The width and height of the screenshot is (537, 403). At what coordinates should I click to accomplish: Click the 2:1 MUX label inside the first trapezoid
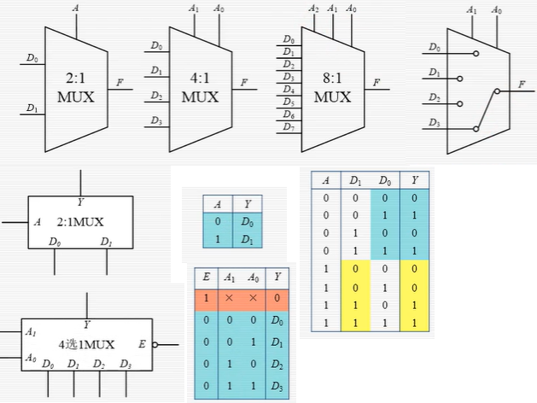click(x=76, y=87)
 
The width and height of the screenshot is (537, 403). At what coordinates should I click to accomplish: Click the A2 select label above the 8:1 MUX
click(x=314, y=9)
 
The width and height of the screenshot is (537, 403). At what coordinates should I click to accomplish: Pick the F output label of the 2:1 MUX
click(x=120, y=82)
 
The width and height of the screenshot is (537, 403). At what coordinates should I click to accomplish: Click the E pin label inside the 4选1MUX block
click(x=142, y=345)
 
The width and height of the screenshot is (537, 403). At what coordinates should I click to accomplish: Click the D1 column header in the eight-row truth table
click(x=355, y=180)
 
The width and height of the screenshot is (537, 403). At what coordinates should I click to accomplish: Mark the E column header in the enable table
click(x=206, y=277)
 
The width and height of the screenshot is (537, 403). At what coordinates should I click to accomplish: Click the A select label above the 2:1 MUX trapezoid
click(x=77, y=9)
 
